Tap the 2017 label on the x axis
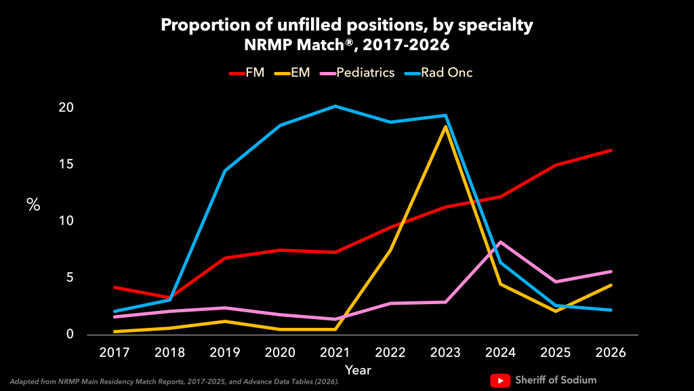(114, 353)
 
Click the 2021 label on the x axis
(335, 353)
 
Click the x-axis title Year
(357, 370)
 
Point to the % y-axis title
(33, 204)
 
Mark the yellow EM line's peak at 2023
(445, 127)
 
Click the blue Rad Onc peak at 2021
(335, 106)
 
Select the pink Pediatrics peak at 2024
(500, 242)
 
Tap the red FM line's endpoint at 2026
(611, 150)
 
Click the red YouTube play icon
(499, 380)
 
